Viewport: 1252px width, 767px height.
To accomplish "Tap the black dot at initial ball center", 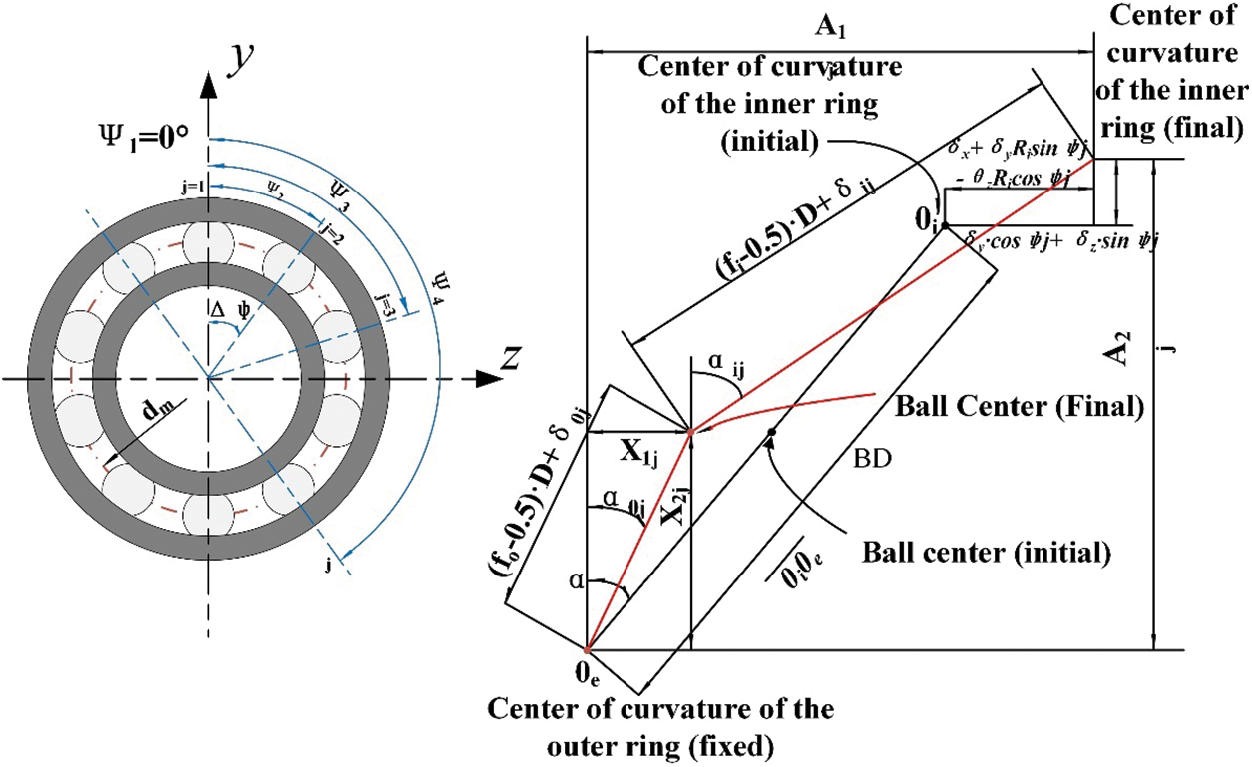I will [771, 431].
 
